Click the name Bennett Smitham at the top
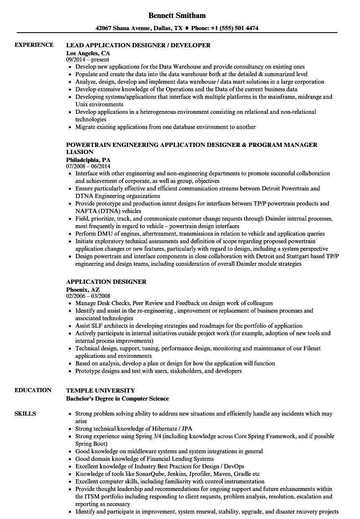[177, 15]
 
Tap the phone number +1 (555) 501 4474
[235, 28]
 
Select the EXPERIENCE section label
[34, 45]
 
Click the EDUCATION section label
[33, 390]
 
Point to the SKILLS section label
[25, 414]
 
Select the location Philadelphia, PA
[88, 160]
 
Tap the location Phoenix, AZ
[83, 289]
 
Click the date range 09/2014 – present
[87, 60]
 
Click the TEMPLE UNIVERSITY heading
[100, 391]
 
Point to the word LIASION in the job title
[80, 152]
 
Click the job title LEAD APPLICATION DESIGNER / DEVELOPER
[138, 45]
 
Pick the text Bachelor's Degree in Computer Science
[118, 398]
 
